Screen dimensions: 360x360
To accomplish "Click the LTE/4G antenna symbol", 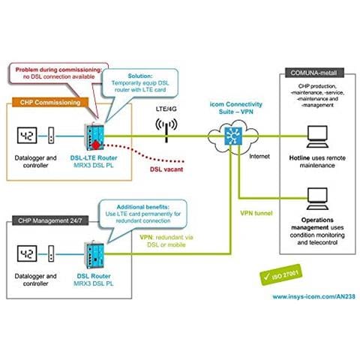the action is [166, 130].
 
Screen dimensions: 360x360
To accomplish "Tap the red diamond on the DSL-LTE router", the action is [96, 145].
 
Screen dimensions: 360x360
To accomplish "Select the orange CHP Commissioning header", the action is [50, 103].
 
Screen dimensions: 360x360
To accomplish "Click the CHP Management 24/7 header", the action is [50, 220].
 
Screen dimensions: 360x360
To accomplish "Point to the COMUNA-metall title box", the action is [314, 73].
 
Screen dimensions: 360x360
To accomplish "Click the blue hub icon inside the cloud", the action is [233, 136].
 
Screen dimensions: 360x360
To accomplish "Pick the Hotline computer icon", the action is [317, 136].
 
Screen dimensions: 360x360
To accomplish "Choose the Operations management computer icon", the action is [317, 199].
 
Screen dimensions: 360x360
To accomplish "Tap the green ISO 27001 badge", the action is [281, 275].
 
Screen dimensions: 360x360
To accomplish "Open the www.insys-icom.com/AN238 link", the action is [313, 296].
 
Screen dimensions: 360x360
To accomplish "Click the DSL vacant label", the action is [166, 169].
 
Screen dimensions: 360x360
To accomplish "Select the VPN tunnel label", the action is [256, 213].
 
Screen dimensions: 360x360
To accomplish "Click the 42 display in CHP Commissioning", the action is [27, 136].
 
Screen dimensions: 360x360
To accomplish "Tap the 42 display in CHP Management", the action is [27, 253].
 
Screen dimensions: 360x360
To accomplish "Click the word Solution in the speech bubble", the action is [140, 76].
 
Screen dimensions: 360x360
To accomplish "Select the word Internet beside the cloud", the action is [259, 157].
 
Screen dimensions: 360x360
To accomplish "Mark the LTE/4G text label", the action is [166, 109].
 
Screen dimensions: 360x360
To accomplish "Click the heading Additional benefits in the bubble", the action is [143, 207].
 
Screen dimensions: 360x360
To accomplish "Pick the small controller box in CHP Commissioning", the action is [51, 135].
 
